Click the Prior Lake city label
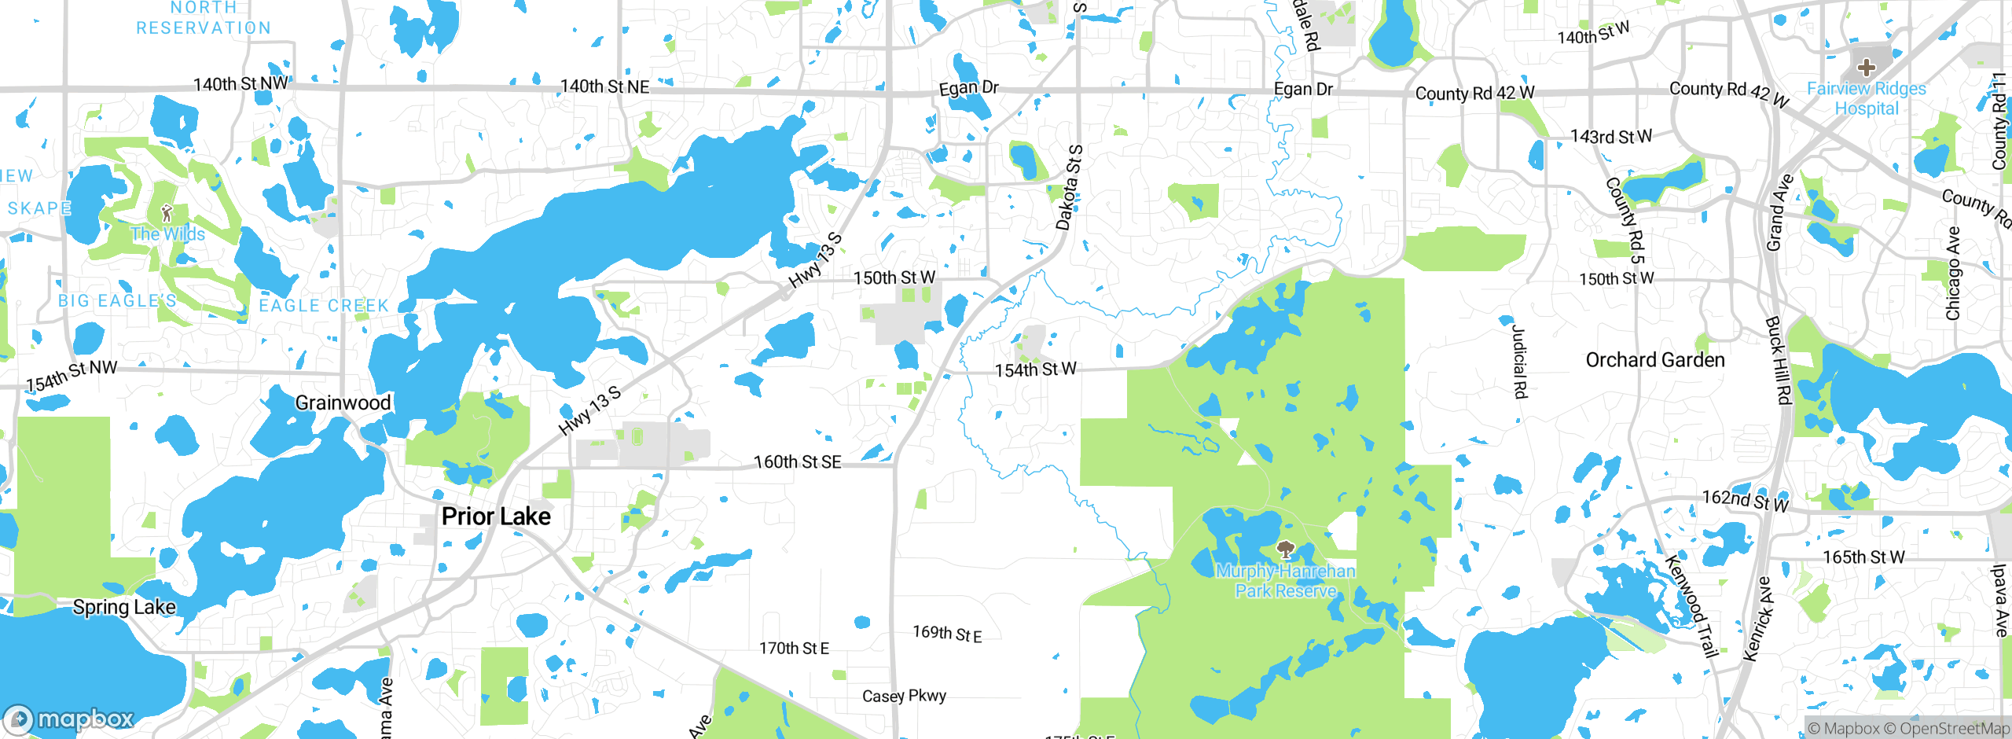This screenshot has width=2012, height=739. tap(496, 517)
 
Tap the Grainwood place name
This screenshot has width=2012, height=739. tap(343, 403)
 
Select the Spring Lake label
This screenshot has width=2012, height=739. tap(124, 607)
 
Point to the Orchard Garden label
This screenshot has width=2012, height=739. tap(1655, 360)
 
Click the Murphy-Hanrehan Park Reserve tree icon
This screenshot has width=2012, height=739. tap(1286, 550)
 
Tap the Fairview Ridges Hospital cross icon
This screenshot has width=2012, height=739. tap(1867, 68)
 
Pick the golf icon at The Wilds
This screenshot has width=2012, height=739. tap(167, 212)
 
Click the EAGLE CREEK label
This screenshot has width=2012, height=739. tap(324, 305)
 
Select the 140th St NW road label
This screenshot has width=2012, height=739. tap(241, 84)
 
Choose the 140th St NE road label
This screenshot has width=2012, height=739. tap(604, 86)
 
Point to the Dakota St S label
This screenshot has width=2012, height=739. tap(1069, 188)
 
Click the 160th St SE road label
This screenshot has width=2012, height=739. tap(797, 462)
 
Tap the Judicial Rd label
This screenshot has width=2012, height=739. tap(1519, 362)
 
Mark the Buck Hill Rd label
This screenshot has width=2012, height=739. tap(1779, 361)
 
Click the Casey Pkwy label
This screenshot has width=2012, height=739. tap(904, 696)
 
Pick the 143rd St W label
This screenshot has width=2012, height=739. tap(1611, 137)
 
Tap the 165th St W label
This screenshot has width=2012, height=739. tap(1863, 557)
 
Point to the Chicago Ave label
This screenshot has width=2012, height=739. tap(1953, 274)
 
